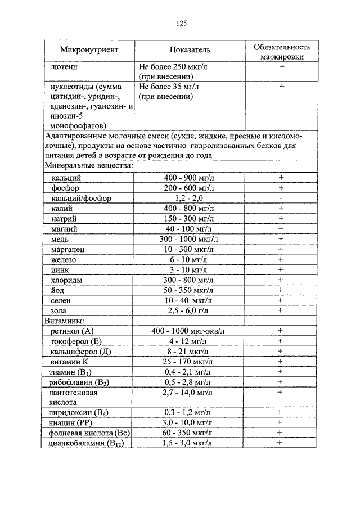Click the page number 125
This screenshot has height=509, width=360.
(181, 23)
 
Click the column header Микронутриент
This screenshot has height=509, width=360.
(89, 49)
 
